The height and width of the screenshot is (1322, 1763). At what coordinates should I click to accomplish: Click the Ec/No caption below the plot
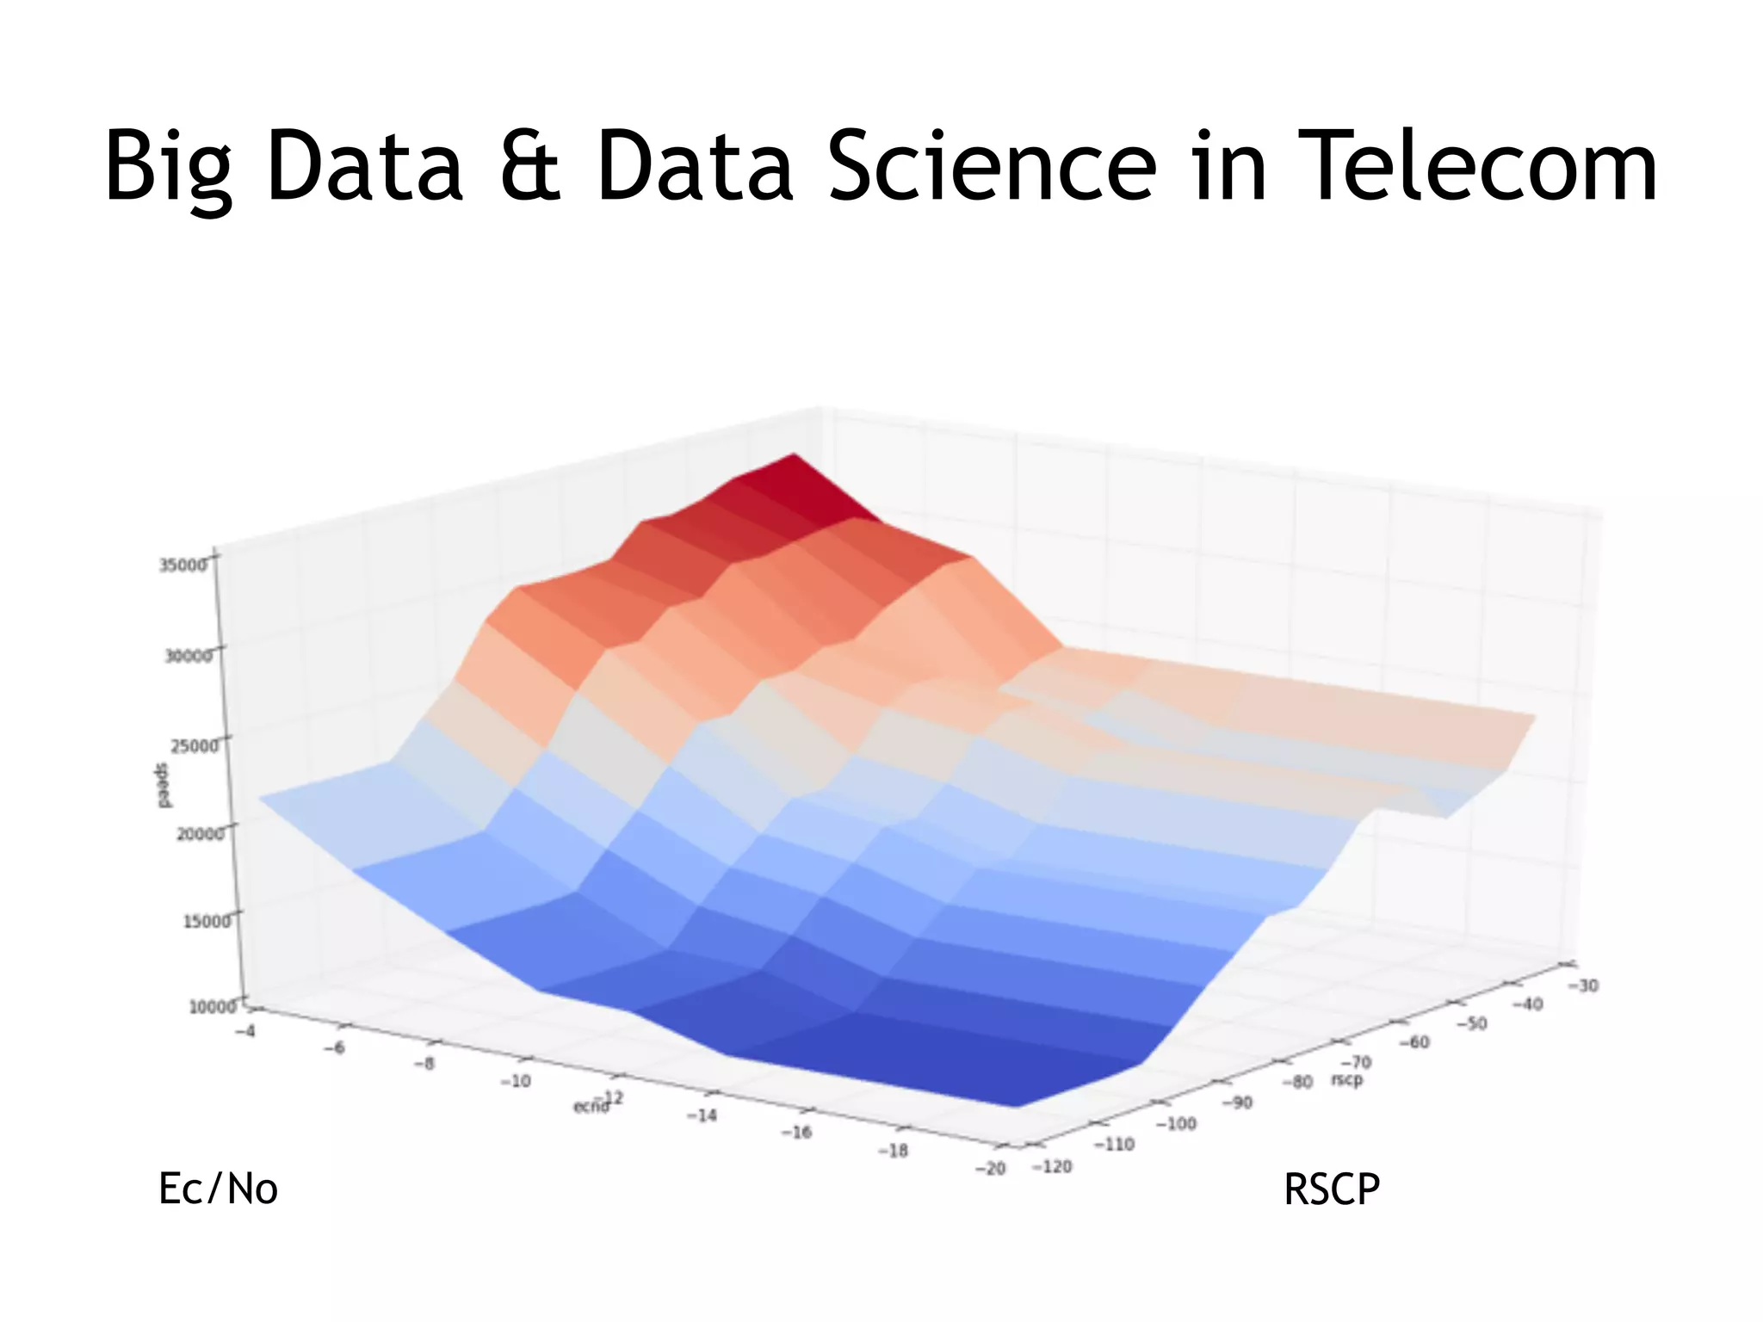coord(218,1189)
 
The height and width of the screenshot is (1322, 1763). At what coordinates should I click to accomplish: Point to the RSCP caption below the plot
coord(1331,1189)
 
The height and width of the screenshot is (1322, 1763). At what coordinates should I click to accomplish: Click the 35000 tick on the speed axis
coord(183,565)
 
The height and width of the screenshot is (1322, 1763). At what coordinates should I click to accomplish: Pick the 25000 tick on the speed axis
coord(194,744)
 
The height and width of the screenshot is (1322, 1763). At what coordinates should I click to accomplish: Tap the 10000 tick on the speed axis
coord(212,1006)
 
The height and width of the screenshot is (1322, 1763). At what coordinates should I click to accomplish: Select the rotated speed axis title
coord(162,785)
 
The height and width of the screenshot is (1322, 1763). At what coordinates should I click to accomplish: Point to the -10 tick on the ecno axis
coord(516,1081)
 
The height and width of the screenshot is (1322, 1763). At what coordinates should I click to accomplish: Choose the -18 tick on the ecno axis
coord(893,1150)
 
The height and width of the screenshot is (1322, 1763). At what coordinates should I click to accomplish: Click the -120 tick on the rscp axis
coord(1052,1166)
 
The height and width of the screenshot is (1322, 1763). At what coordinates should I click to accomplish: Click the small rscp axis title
coord(1347,1079)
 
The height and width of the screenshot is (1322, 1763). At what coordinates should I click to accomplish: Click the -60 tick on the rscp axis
coord(1413,1042)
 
